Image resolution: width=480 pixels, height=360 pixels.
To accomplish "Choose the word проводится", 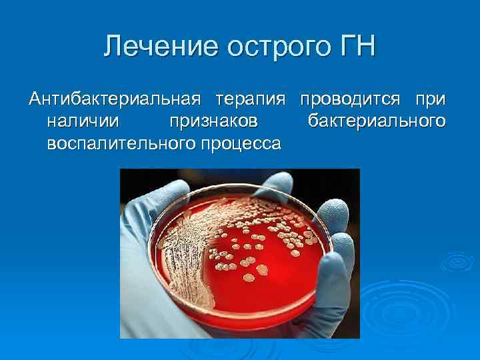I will click(350, 99).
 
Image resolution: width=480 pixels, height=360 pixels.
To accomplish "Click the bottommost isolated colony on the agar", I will click(248, 277).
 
